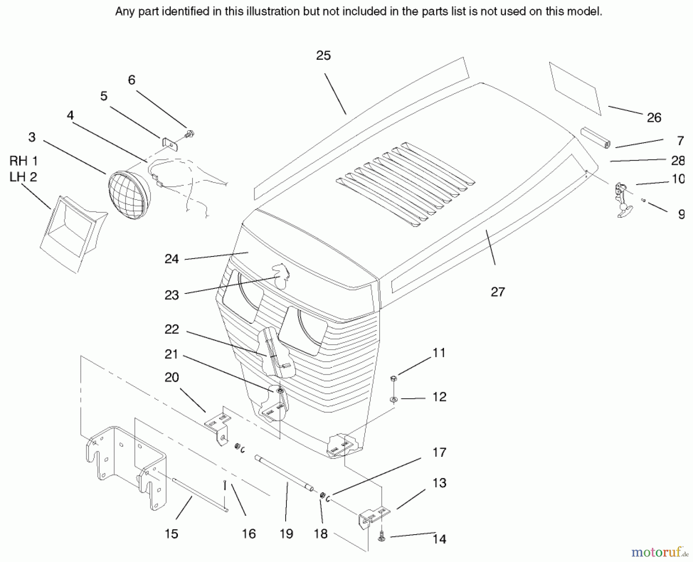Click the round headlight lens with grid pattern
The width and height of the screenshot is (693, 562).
(x=129, y=195)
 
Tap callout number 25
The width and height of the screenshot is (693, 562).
(x=323, y=56)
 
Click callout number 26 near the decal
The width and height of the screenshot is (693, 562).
(x=654, y=117)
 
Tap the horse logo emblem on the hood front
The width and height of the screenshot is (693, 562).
(x=281, y=276)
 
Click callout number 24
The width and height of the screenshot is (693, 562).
(x=172, y=259)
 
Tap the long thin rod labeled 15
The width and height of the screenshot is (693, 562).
(x=200, y=495)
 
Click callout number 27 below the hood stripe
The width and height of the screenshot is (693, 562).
(x=497, y=292)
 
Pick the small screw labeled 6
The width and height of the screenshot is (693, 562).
(x=189, y=134)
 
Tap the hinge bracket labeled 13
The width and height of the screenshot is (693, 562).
(x=373, y=516)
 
